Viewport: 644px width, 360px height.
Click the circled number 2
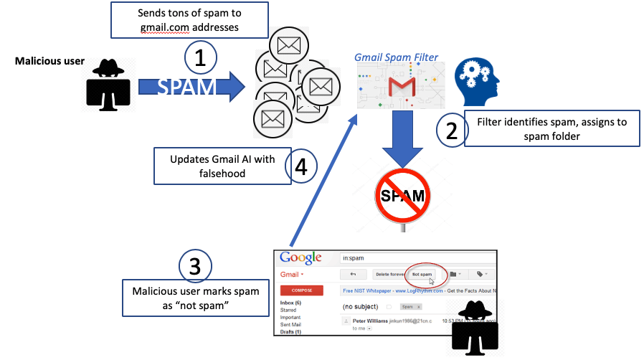click(x=452, y=131)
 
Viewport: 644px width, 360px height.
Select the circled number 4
click(x=300, y=166)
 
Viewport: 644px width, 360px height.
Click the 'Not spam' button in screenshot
click(x=422, y=274)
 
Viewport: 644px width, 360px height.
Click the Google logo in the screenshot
click(x=300, y=258)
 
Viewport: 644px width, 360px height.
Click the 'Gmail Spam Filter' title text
click(x=396, y=57)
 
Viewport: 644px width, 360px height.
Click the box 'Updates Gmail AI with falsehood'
click(x=222, y=166)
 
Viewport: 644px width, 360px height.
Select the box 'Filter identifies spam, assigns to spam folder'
click(x=551, y=128)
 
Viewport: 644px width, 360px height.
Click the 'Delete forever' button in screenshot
click(x=387, y=274)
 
